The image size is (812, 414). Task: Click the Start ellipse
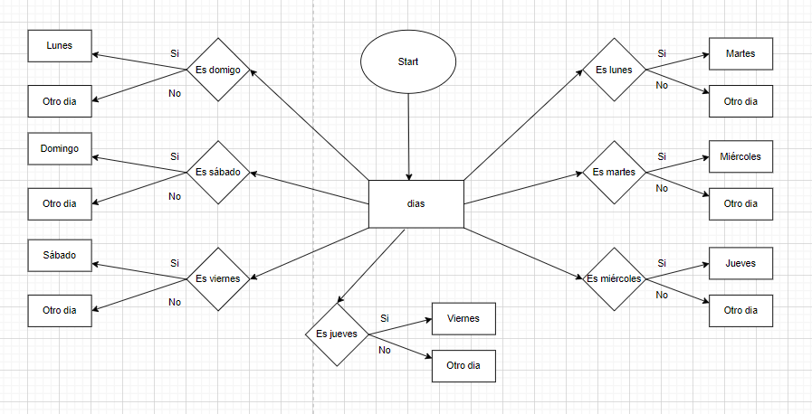(408, 62)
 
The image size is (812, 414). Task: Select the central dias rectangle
(416, 203)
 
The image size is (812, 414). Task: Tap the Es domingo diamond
(217, 70)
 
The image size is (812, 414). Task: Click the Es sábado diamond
(217, 172)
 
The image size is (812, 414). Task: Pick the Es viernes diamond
(217, 278)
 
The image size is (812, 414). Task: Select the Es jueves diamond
(336, 334)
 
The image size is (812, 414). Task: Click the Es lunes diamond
(613, 70)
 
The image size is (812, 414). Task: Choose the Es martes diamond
(613, 172)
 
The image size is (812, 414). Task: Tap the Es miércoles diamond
(613, 278)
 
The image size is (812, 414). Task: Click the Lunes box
(60, 45)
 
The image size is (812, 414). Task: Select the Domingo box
(60, 148)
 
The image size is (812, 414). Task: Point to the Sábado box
(60, 255)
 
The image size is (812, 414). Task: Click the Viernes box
(463, 318)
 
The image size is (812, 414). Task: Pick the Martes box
(740, 54)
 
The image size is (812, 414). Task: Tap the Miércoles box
(740, 156)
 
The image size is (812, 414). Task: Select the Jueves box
(740, 263)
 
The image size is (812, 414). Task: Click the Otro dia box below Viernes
(463, 365)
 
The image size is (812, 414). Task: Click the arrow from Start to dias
(409, 136)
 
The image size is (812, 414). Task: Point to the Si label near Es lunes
(662, 54)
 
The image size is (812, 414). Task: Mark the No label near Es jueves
(385, 350)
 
